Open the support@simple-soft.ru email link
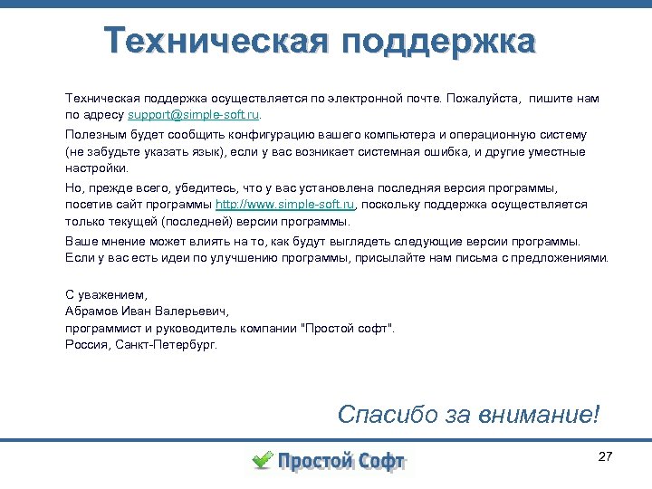click(x=194, y=116)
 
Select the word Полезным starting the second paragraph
click(x=93, y=134)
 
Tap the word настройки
click(x=96, y=168)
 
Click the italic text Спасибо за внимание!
click(x=468, y=415)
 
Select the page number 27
click(x=606, y=456)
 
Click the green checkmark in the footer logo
click(x=262, y=460)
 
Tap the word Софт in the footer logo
click(x=379, y=462)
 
